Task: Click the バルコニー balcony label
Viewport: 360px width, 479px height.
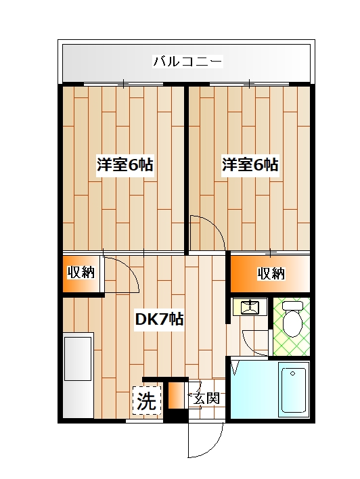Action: point(187,62)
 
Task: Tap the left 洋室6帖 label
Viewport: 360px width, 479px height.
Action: point(124,164)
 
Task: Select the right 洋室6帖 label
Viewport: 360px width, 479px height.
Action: point(250,164)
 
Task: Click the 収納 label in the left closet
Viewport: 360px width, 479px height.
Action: point(81,273)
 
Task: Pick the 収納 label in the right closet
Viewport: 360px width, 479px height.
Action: point(271,273)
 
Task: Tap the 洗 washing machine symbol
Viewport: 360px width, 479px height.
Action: point(147,401)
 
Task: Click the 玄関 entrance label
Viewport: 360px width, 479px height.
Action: point(205,398)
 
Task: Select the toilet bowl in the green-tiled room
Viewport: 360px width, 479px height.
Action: point(292,322)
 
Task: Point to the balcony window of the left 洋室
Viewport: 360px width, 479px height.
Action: point(124,85)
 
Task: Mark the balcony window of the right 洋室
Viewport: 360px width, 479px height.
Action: point(250,85)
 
